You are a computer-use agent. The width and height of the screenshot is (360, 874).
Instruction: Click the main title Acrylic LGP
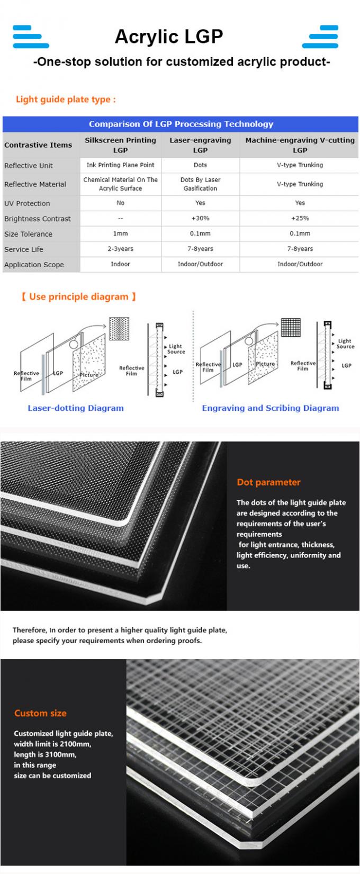click(169, 37)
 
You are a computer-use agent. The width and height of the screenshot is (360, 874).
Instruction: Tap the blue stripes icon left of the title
click(31, 37)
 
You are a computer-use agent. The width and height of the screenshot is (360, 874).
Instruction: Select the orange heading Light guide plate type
click(66, 100)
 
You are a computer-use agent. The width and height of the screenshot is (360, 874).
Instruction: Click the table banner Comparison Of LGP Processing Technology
click(181, 124)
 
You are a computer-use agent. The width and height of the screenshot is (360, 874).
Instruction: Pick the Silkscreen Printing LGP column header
click(120, 145)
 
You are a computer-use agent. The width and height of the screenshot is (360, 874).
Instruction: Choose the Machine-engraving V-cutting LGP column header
click(300, 145)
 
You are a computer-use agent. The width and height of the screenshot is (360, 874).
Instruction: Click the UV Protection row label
click(28, 203)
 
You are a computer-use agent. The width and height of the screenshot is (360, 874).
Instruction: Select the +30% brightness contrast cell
click(200, 218)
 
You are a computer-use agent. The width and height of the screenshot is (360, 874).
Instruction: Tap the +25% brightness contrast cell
click(300, 218)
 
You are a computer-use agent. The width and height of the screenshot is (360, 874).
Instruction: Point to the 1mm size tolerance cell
click(120, 233)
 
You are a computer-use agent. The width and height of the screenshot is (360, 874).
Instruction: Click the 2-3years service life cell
click(120, 249)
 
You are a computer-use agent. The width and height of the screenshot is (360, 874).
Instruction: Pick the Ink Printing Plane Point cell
click(120, 165)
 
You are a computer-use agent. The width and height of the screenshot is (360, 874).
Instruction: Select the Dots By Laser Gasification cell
click(200, 184)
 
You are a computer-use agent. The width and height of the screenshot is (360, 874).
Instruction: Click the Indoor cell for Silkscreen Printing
click(120, 264)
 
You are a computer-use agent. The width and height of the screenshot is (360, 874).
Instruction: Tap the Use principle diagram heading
click(79, 297)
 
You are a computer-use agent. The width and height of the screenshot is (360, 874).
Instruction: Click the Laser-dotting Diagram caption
click(76, 408)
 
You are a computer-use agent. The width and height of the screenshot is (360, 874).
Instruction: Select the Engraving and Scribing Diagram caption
click(270, 408)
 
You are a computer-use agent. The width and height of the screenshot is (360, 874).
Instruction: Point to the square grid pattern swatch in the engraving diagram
click(291, 328)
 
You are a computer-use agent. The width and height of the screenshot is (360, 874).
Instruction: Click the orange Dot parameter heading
click(268, 482)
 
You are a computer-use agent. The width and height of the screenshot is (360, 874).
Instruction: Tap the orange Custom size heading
click(40, 713)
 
